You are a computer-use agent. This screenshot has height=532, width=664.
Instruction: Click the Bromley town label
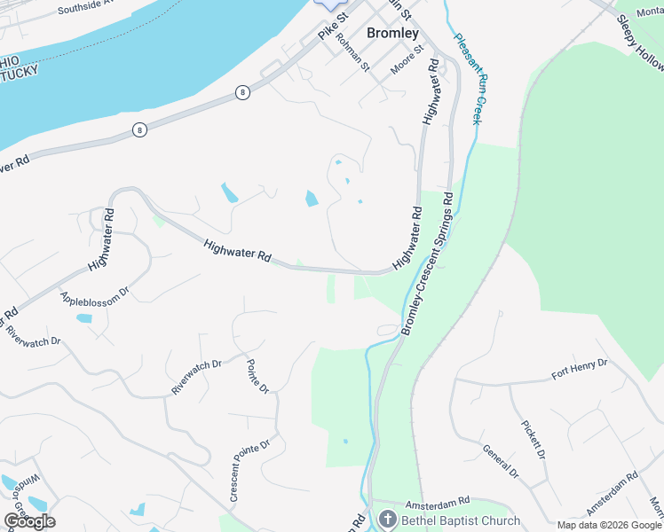pyautogui.click(x=391, y=32)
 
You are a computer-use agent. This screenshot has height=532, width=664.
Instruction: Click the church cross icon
pyautogui.click(x=386, y=519)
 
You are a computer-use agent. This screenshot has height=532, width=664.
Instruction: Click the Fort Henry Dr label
pyautogui.click(x=579, y=369)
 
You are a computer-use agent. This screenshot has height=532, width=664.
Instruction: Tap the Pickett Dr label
pyautogui.click(x=533, y=440)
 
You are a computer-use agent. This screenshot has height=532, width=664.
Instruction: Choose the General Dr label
pyautogui.click(x=501, y=460)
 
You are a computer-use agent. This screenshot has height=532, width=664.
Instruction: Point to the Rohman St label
pyautogui.click(x=352, y=55)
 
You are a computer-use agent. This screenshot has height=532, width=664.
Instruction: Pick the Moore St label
pyautogui.click(x=409, y=69)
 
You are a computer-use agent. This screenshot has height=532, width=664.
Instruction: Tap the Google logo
pyautogui.click(x=29, y=520)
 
